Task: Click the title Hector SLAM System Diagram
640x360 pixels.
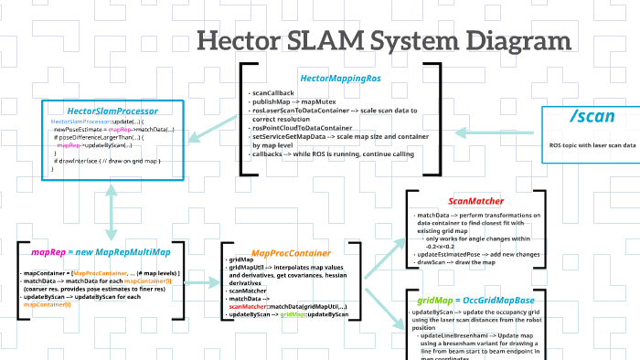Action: tap(384, 41)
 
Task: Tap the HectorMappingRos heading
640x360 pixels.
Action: tap(340, 79)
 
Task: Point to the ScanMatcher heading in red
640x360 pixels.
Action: tap(475, 201)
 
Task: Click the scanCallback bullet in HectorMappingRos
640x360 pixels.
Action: tap(273, 93)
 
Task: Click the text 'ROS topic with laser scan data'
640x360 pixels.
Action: tap(592, 145)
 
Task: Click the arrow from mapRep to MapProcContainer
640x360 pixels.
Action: tap(201, 282)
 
